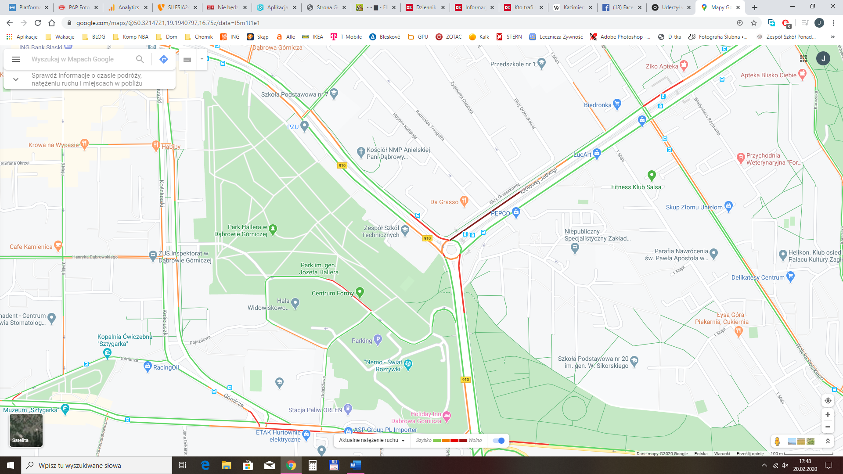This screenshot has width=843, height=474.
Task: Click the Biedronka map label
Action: coord(598,105)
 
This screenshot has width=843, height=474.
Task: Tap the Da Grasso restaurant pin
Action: coord(464,201)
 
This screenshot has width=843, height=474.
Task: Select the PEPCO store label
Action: coord(501,213)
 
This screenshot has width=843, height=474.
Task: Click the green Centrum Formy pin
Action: coord(360,291)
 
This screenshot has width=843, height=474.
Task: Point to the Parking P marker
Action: coord(378,339)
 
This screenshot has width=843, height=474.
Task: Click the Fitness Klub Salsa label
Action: coord(636,187)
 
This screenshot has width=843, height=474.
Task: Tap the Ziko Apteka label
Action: coord(662,66)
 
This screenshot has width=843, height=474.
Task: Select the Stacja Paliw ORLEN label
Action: coord(315,410)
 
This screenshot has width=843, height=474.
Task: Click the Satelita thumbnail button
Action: coord(26,430)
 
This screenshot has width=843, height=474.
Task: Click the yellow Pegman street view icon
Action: coord(777,441)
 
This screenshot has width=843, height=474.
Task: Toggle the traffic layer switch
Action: coord(499,440)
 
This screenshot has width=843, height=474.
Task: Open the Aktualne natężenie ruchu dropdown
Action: coord(371,440)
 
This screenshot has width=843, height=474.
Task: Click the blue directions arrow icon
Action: coord(164,59)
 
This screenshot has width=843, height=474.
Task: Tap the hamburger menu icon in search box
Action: coord(16,59)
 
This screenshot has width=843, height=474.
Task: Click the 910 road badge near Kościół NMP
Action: coord(342,165)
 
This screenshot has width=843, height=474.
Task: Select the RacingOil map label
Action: coord(166,367)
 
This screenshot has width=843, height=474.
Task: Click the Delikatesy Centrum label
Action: coord(757,277)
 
